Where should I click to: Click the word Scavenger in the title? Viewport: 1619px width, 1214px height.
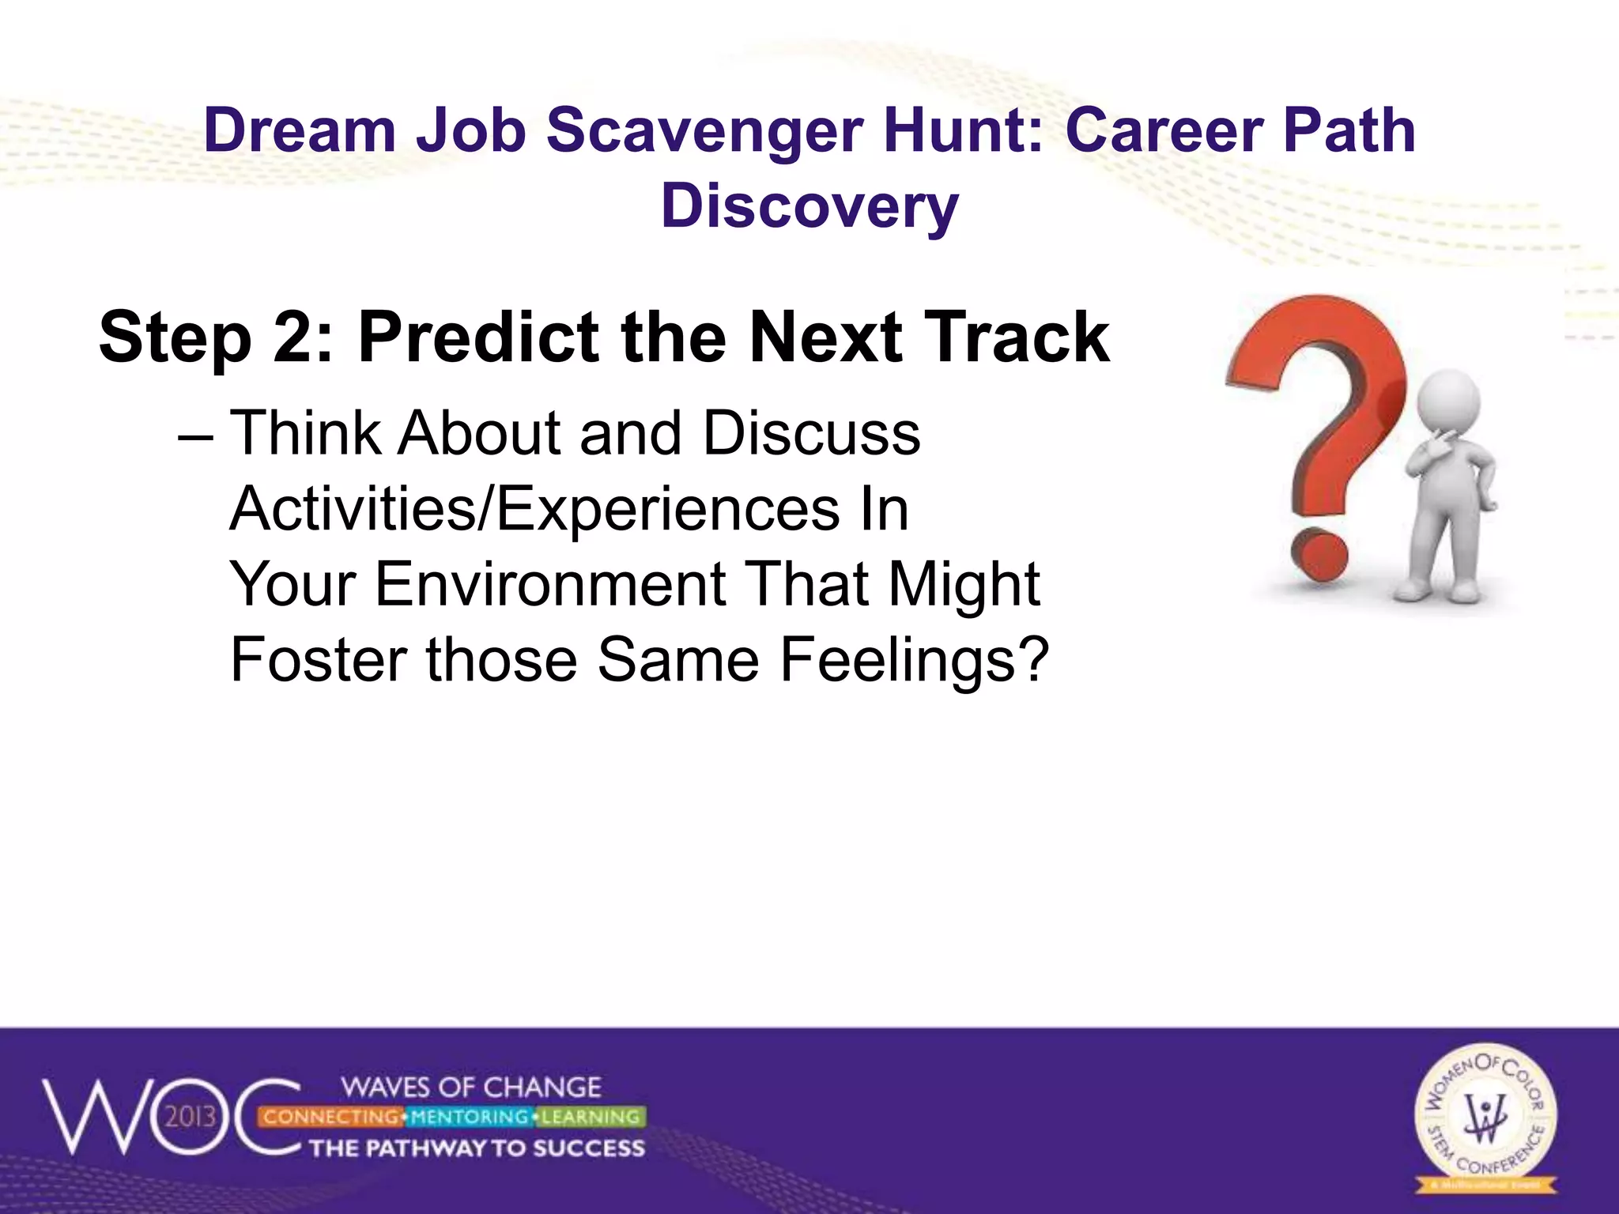704,131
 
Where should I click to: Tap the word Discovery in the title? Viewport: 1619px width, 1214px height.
809,206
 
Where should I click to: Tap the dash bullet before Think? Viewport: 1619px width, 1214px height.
195,435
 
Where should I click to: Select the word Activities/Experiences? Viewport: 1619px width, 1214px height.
534,510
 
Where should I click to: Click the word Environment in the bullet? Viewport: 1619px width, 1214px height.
550,585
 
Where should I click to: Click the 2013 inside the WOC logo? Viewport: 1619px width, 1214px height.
191,1117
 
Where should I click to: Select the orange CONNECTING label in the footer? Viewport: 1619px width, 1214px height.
331,1117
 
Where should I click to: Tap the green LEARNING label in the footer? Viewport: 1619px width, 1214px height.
591,1117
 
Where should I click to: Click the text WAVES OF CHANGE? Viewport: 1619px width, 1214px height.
472,1088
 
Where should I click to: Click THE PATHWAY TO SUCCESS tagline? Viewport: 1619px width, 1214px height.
477,1148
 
